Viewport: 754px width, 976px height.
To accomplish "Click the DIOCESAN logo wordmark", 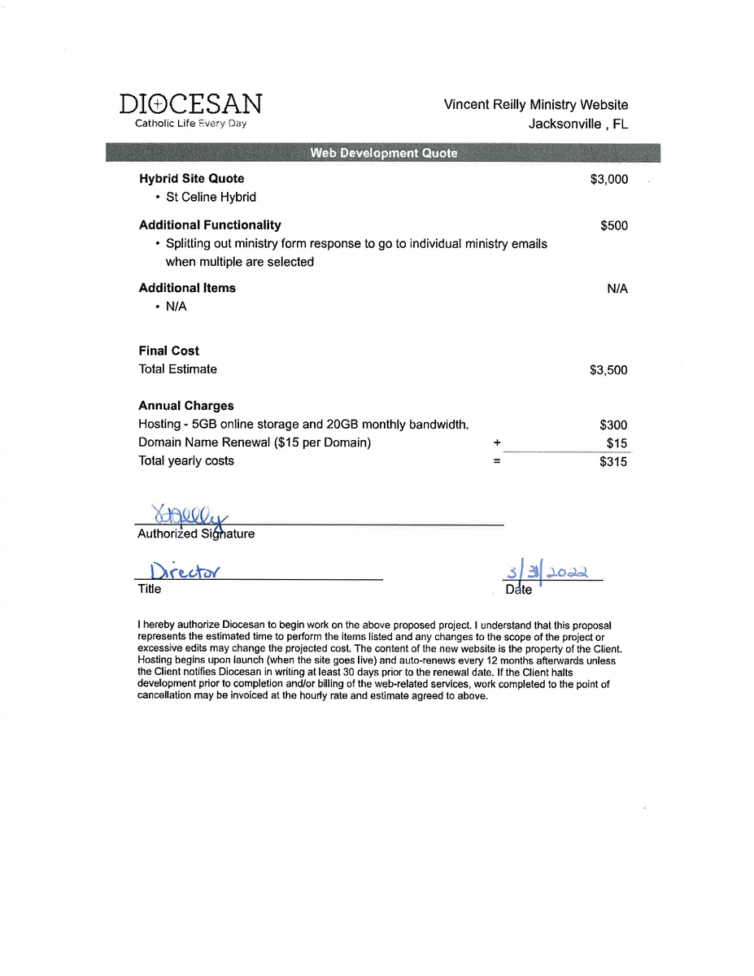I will [190, 104].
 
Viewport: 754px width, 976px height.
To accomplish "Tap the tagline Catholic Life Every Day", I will [190, 124].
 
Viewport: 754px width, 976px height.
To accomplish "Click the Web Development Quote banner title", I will [384, 153].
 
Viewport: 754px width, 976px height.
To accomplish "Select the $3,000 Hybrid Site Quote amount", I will [608, 180].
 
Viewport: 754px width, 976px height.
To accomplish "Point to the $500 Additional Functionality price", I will [614, 226].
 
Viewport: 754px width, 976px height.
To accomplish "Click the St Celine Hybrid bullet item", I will [211, 198].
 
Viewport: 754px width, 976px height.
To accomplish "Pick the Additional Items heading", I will [187, 288].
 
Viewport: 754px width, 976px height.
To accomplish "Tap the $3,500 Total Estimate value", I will [608, 370].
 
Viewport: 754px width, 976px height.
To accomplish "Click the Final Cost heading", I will [168, 351].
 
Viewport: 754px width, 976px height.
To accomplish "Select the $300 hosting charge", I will [613, 425].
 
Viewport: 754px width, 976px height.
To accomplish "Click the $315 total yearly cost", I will [613, 462].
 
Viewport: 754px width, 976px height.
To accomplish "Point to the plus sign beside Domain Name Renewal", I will [496, 443].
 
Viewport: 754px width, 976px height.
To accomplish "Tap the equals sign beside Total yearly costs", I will [496, 461].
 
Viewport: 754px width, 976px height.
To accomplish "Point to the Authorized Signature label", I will [196, 534].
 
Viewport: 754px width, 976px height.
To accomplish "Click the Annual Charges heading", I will [186, 406].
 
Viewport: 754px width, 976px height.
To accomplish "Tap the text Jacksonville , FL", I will [577, 124].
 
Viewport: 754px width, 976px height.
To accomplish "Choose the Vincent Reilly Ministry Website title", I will [535, 105].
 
